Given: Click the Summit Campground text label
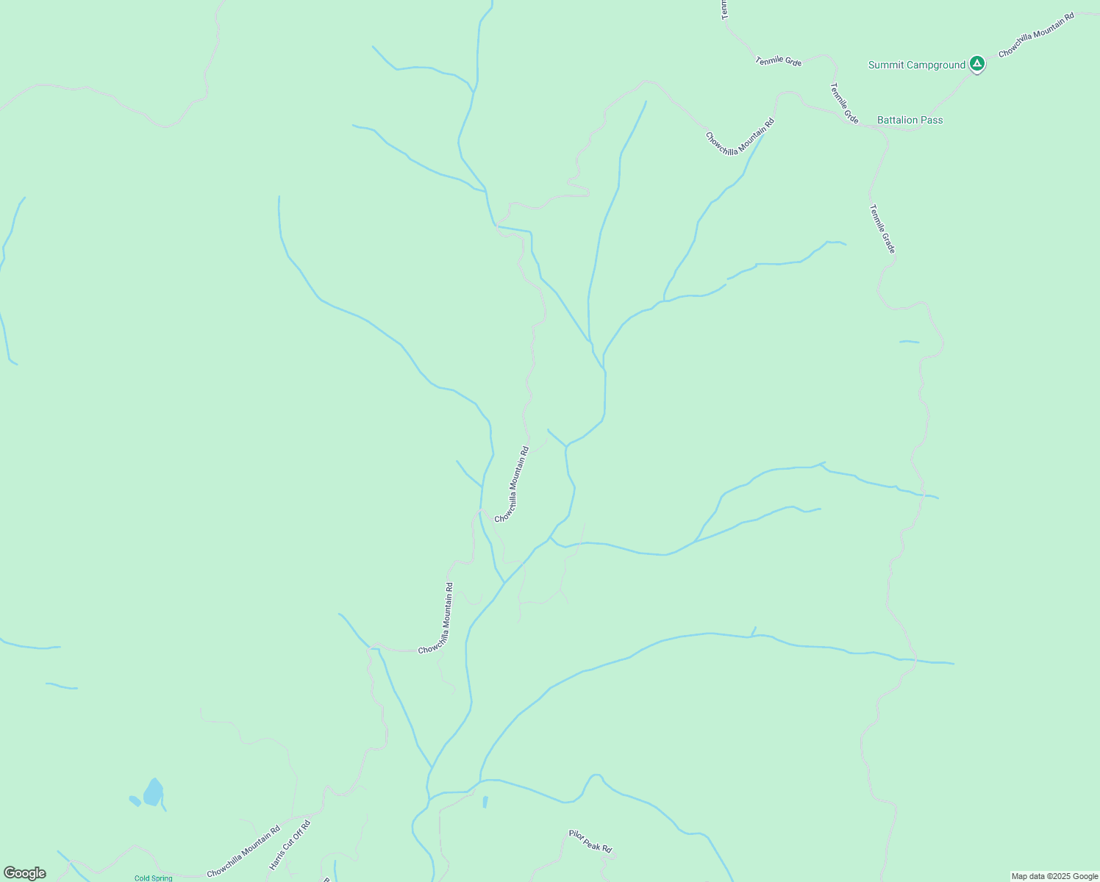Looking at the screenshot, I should pyautogui.click(x=916, y=65).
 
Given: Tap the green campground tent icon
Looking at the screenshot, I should pyautogui.click(x=976, y=64).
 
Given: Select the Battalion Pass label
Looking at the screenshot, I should pyautogui.click(x=910, y=121).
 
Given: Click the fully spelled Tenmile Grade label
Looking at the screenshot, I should pyautogui.click(x=882, y=229).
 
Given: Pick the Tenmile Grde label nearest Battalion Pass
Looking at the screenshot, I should pyautogui.click(x=844, y=103).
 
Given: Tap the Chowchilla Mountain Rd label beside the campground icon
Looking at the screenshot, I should pyautogui.click(x=1036, y=35).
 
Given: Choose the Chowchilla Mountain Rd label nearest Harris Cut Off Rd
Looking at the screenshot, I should pyautogui.click(x=243, y=852).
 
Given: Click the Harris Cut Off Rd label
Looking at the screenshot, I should pyautogui.click(x=290, y=845).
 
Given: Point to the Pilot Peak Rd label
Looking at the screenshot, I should pyautogui.click(x=590, y=842).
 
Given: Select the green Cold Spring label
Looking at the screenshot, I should pyautogui.click(x=153, y=878).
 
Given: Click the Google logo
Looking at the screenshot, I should pyautogui.click(x=24, y=873).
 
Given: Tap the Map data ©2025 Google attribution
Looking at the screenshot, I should pyautogui.click(x=1054, y=876).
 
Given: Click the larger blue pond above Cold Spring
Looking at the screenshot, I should pyautogui.click(x=153, y=792).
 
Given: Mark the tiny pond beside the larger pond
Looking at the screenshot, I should pyautogui.click(x=135, y=800).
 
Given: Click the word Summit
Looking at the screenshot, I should pyautogui.click(x=885, y=65).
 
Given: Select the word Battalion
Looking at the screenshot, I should pyautogui.click(x=897, y=121).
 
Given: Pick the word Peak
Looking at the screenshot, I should pyautogui.click(x=590, y=842).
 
